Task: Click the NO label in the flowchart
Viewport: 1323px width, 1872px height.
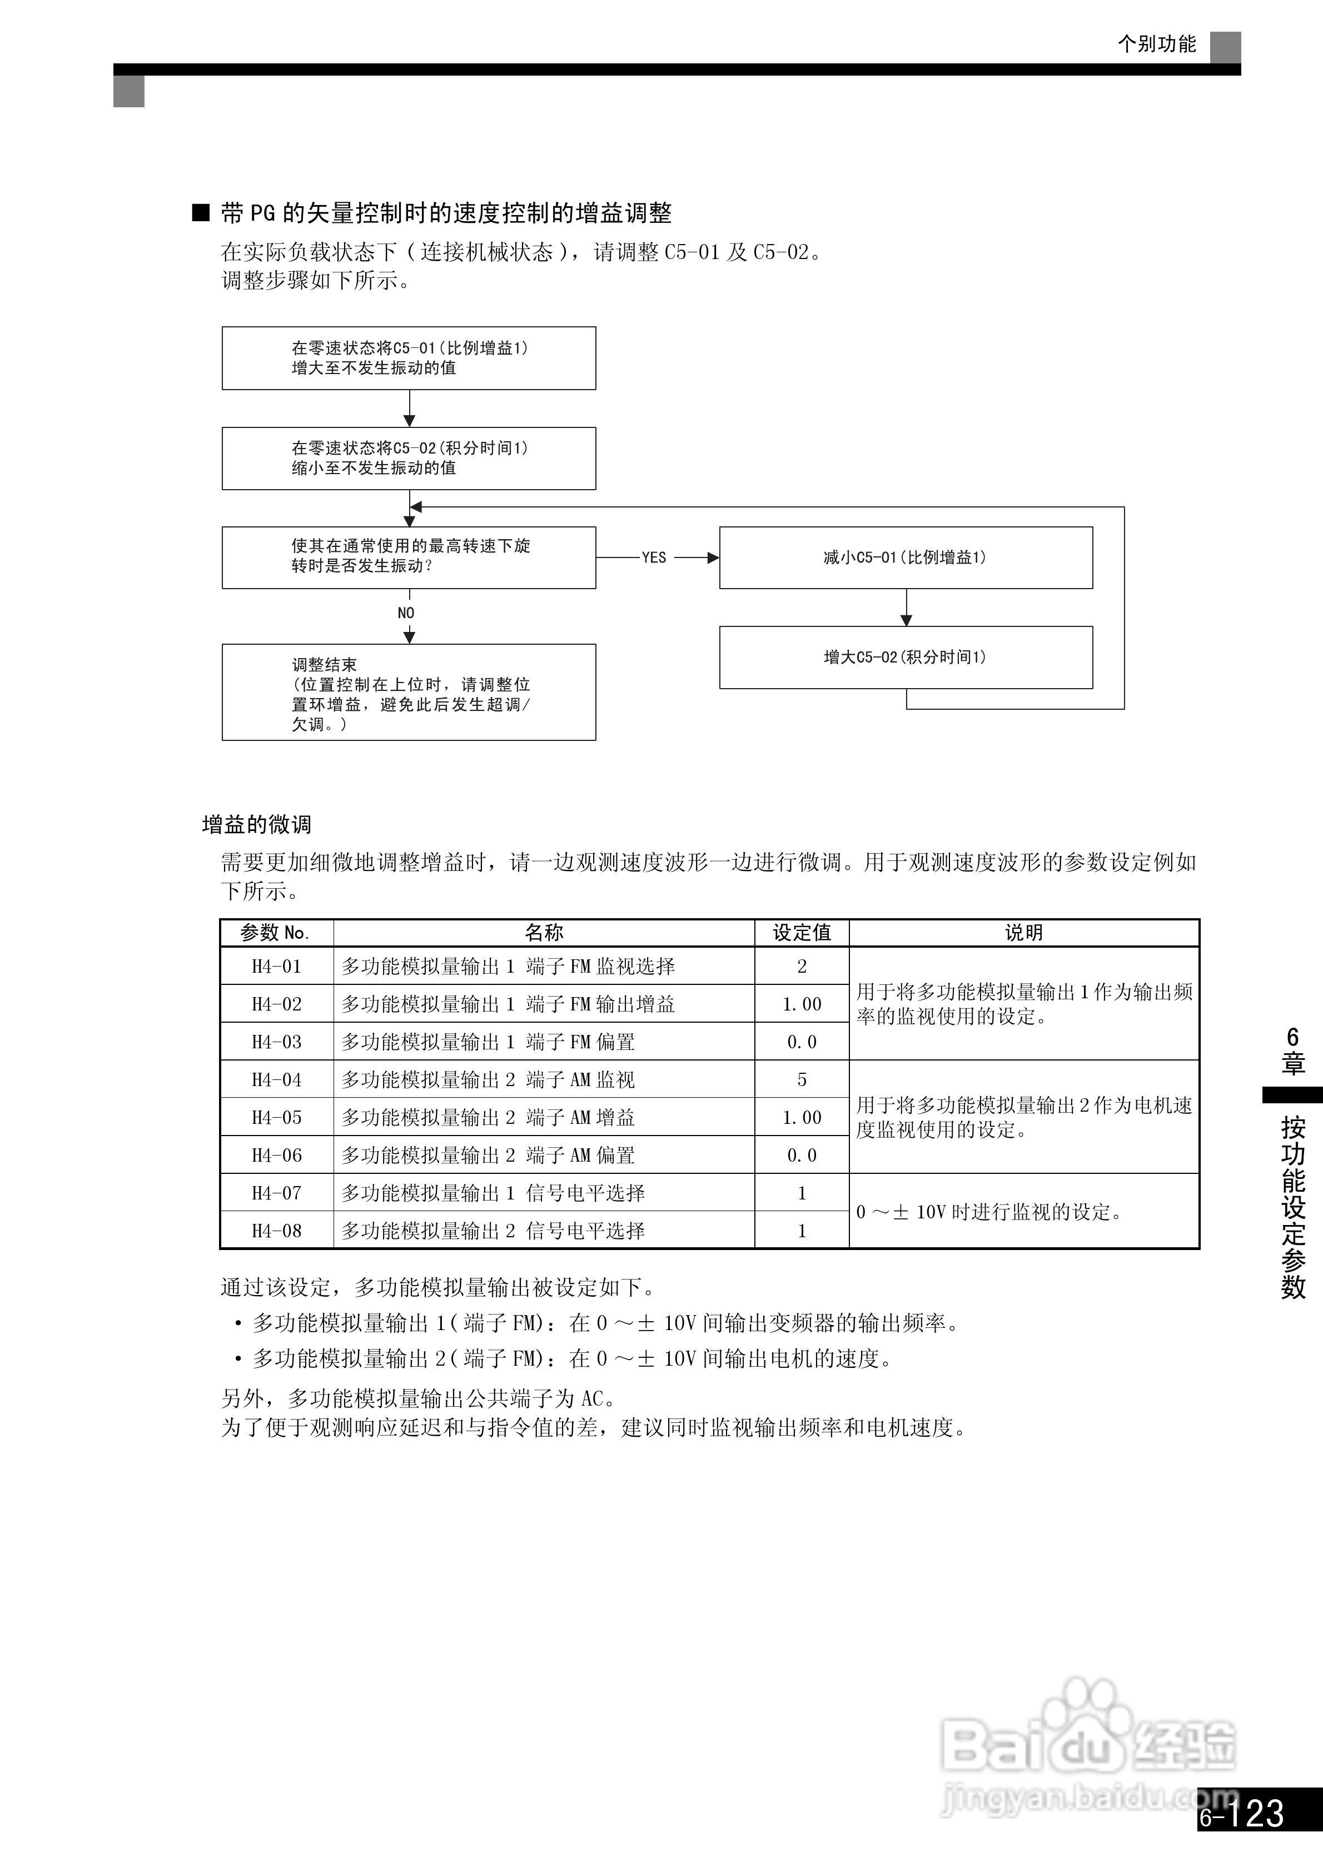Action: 406,613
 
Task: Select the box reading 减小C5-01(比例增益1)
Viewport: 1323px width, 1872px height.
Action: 906,557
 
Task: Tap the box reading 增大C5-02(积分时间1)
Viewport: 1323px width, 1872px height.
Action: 906,657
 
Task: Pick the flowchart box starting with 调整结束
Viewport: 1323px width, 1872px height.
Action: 409,692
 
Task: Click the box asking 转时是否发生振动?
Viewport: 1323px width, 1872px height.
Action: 409,557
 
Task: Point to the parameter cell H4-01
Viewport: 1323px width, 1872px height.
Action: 276,966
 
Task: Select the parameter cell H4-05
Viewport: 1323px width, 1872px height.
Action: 276,1117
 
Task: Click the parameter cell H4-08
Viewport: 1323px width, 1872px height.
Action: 276,1231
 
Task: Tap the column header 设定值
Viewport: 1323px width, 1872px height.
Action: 802,933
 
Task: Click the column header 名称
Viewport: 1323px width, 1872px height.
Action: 544,933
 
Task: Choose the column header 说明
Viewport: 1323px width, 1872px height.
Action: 1023,933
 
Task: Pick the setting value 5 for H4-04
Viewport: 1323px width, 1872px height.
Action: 802,1079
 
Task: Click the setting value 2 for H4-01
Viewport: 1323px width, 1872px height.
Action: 802,966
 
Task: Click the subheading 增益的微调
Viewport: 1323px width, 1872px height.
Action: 257,824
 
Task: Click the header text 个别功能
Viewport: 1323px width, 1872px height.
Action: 1157,44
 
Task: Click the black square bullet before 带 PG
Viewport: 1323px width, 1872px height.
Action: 201,213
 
